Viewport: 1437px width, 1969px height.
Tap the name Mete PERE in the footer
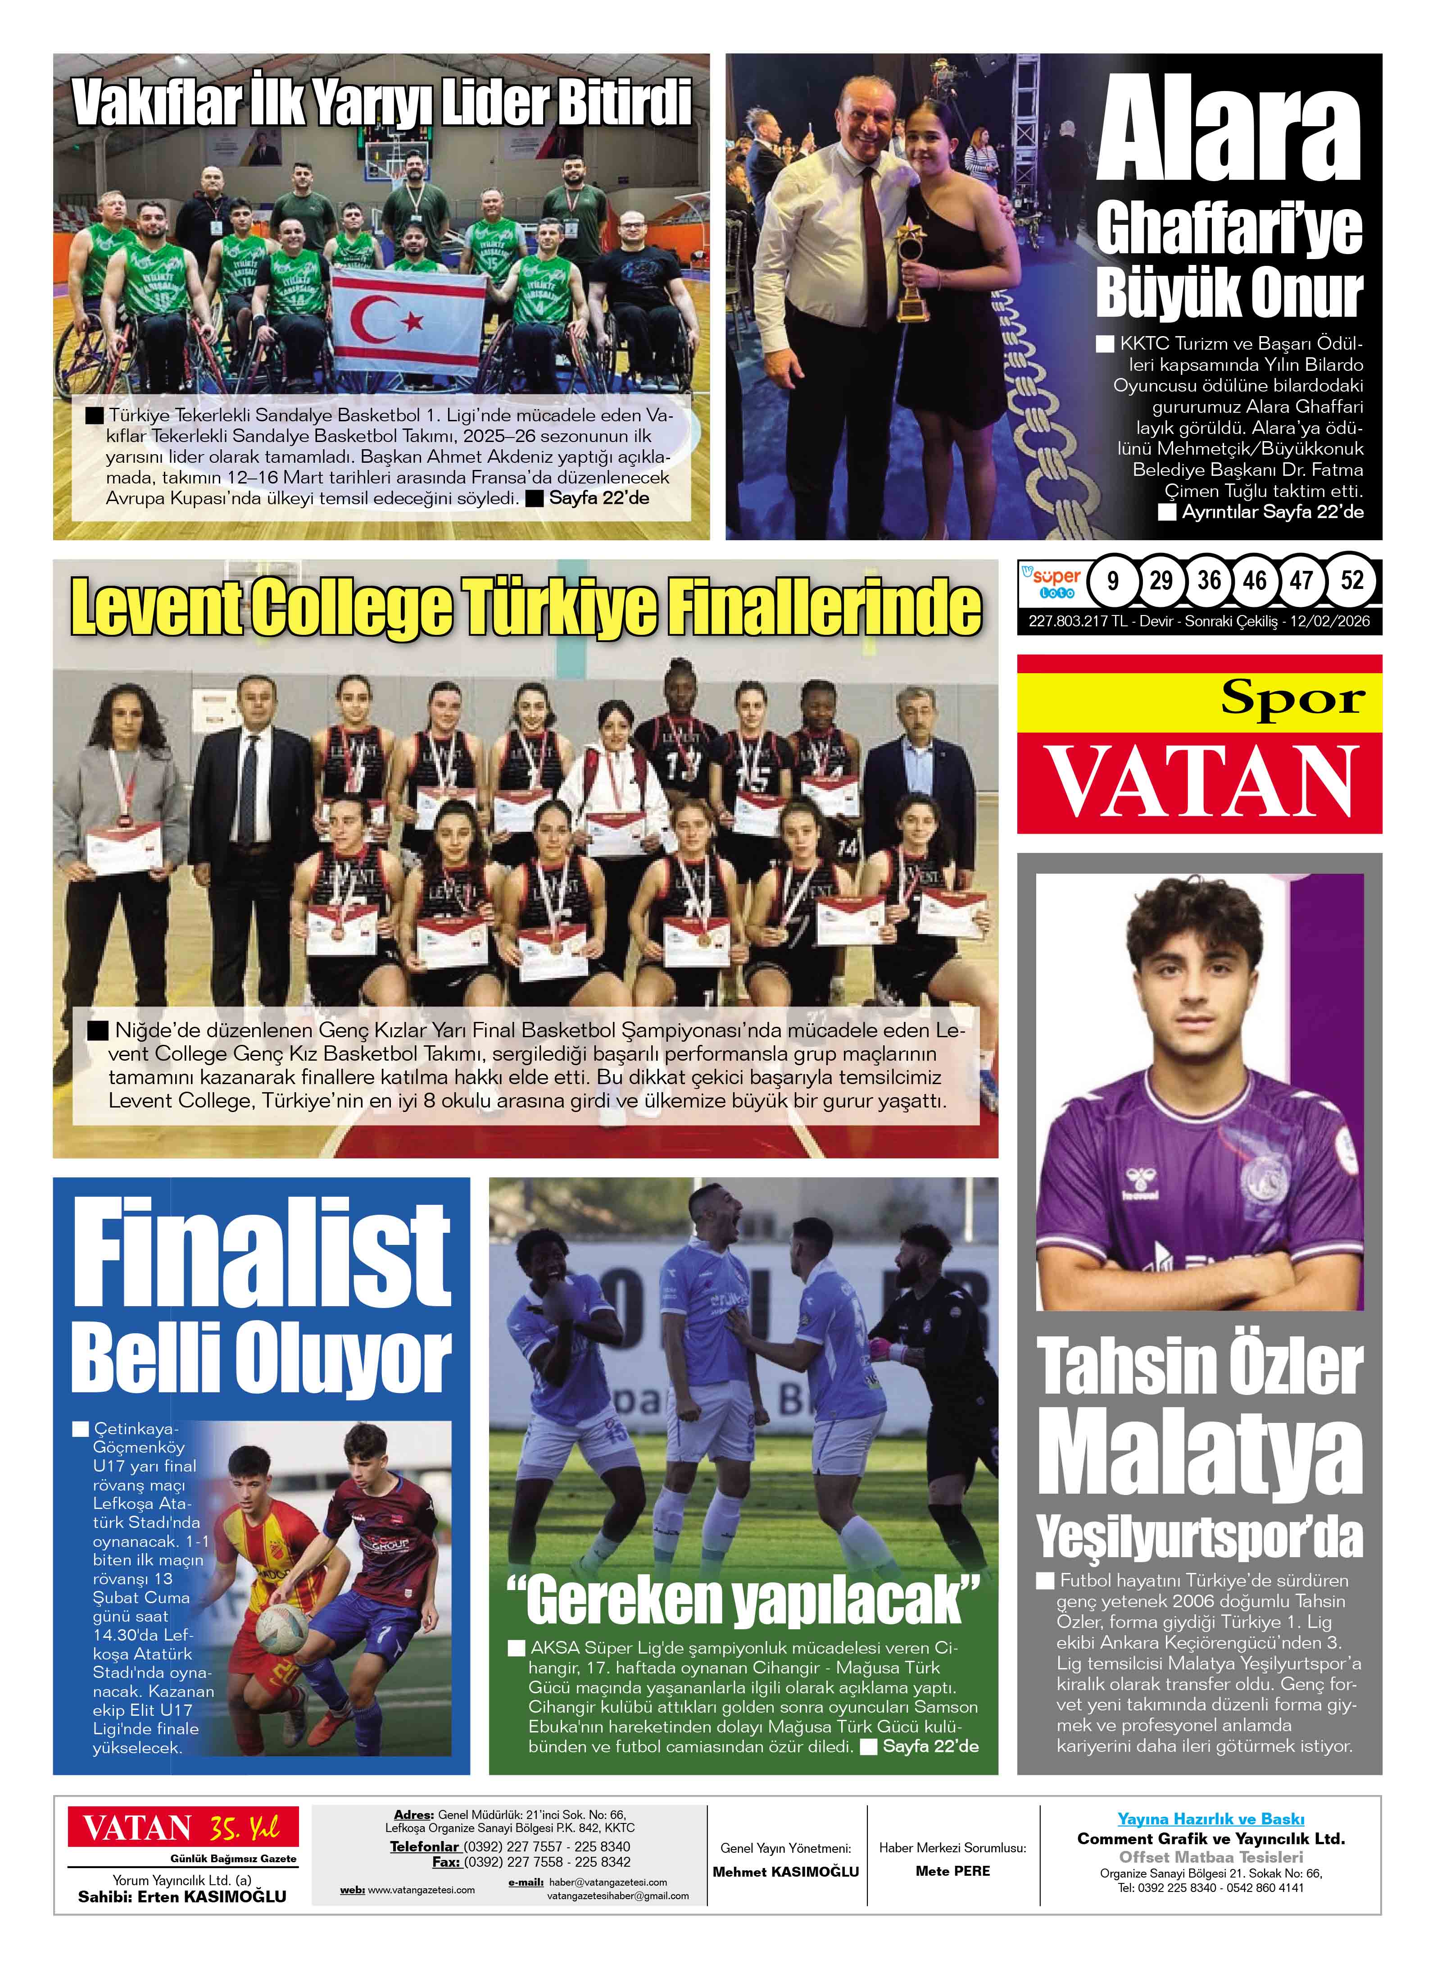click(x=952, y=1871)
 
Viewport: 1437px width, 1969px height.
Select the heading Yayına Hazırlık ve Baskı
click(x=1210, y=1819)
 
